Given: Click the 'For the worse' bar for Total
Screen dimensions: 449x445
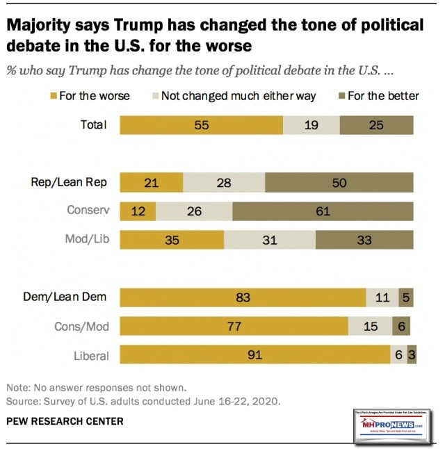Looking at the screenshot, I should [x=201, y=125].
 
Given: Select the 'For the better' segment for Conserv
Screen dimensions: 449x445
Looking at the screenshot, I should [x=323, y=211].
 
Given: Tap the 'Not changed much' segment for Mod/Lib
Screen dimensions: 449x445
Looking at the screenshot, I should [x=270, y=240].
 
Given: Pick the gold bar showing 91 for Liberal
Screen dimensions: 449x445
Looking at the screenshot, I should [x=255, y=354].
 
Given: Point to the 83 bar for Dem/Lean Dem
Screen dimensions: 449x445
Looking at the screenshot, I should [x=243, y=297].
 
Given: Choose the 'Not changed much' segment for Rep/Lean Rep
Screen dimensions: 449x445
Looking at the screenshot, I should [x=224, y=183].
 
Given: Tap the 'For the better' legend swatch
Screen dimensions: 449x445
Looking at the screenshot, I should [x=342, y=96].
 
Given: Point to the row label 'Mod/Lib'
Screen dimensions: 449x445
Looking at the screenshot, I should [x=88, y=240].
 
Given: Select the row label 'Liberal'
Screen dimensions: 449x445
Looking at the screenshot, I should [x=91, y=355].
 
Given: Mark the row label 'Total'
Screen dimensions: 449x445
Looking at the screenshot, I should [x=94, y=125].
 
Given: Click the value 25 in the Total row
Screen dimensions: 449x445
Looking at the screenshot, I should [x=376, y=125].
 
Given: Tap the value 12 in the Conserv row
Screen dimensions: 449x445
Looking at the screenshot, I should [x=138, y=211].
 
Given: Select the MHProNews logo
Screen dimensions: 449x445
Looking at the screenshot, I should [x=394, y=417].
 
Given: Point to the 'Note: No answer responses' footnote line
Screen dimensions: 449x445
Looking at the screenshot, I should [x=96, y=388].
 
